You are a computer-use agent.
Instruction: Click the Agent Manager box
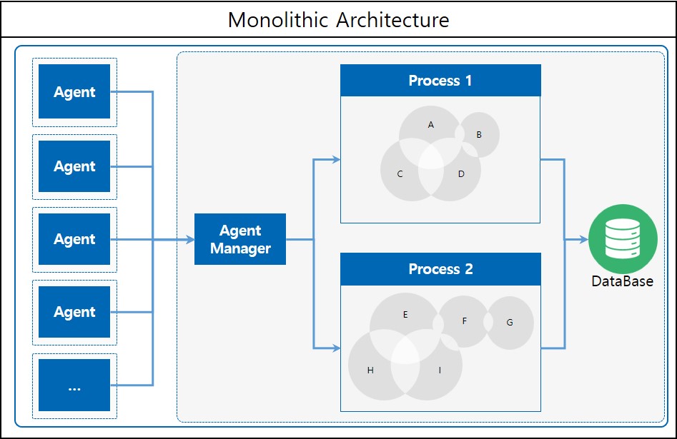[240, 239]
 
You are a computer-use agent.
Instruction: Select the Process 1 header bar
[440, 81]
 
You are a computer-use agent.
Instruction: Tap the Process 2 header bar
[440, 269]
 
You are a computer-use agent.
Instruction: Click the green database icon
[623, 240]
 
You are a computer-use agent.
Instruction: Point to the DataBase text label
[622, 281]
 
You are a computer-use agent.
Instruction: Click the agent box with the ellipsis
[74, 385]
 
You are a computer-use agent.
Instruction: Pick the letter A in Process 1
[431, 125]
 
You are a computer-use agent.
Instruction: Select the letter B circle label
[479, 134]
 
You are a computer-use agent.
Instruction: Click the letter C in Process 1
[400, 174]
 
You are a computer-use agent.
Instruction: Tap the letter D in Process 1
[461, 174]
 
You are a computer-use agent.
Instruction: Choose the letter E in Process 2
[405, 314]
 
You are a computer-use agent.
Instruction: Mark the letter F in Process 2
[465, 321]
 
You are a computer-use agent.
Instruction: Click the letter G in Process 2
[510, 323]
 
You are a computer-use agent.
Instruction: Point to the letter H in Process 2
[370, 370]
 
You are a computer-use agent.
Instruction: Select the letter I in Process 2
[440, 370]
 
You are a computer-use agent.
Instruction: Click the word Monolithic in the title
[280, 20]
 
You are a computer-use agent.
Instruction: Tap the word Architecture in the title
[394, 20]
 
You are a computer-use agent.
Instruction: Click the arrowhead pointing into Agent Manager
[190, 240]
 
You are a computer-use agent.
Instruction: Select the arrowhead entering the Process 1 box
[336, 159]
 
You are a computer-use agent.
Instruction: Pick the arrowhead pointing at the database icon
[583, 240]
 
